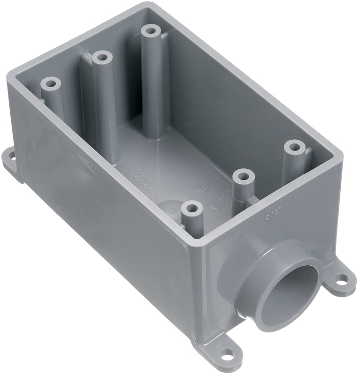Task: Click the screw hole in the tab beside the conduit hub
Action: point(342,279)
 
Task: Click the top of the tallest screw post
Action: point(150,32)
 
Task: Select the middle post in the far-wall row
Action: point(101,59)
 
